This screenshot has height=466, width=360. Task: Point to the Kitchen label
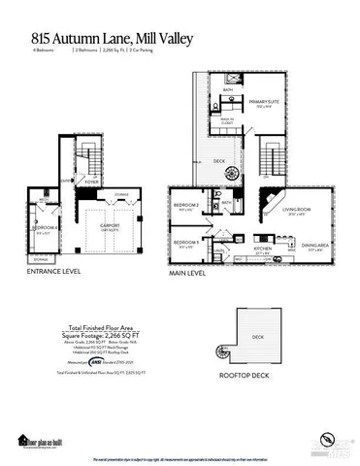[x=264, y=250]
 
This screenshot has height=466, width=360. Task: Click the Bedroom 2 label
[x=186, y=206]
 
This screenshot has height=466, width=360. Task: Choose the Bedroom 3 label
[x=186, y=242]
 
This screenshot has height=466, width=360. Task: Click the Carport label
[x=110, y=228]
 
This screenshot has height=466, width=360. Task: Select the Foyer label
[x=91, y=179]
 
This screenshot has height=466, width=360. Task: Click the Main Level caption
[x=194, y=275]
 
